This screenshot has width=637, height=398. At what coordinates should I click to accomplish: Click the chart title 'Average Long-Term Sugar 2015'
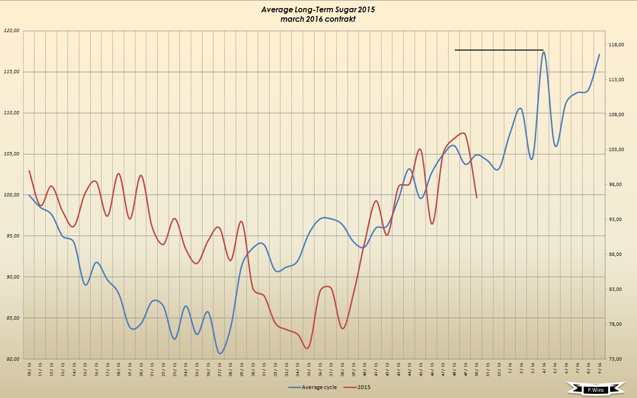point(318,9)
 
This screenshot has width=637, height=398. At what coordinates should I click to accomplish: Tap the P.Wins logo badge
point(596,390)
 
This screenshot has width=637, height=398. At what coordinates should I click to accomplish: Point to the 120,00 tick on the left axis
point(11,31)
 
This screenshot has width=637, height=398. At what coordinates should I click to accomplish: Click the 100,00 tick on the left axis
point(11,195)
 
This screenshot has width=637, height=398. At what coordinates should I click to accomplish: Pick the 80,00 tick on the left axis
point(11,359)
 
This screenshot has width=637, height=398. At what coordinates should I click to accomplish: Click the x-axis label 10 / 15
point(29,369)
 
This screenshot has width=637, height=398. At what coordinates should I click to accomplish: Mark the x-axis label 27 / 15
point(220,369)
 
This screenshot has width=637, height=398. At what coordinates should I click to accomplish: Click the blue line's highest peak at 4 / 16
point(544,52)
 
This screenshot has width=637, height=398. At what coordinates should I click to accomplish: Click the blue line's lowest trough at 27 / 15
point(220,353)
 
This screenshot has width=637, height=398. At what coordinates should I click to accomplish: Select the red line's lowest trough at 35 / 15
point(307,348)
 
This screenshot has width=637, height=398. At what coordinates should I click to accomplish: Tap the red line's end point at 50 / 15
point(477,197)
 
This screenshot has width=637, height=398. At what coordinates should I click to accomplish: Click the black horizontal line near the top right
point(499,50)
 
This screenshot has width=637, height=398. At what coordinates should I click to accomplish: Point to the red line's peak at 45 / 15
point(420,149)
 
